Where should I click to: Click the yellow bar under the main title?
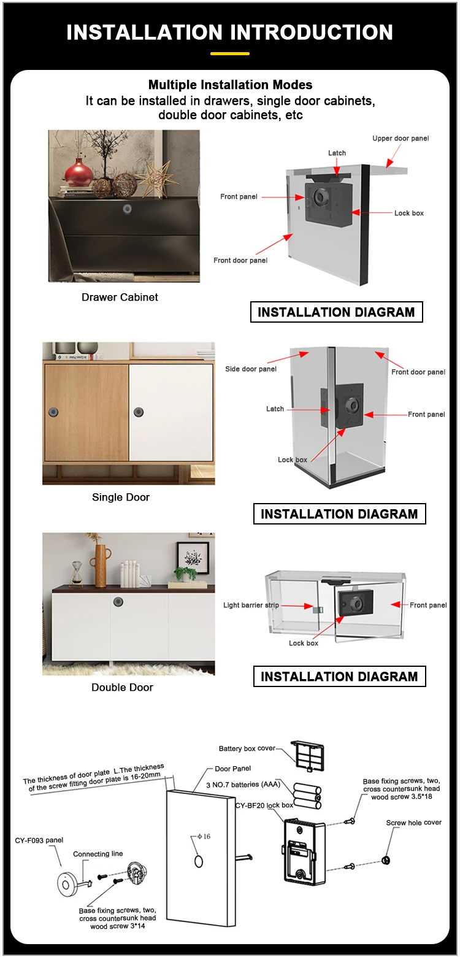pyautogui.click(x=230, y=54)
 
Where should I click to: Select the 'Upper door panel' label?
pyautogui.click(x=401, y=139)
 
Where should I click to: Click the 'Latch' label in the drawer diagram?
pyautogui.click(x=337, y=153)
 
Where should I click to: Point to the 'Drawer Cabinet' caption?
pyautogui.click(x=120, y=298)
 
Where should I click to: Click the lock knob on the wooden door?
pyautogui.click(x=54, y=411)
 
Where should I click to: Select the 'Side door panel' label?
pyautogui.click(x=251, y=369)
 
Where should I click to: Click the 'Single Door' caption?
pyautogui.click(x=121, y=498)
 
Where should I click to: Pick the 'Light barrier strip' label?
pyautogui.click(x=251, y=605)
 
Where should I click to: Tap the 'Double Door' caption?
pyautogui.click(x=122, y=688)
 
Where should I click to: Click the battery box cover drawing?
pyautogui.click(x=307, y=755)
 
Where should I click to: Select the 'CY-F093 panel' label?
pyautogui.click(x=39, y=840)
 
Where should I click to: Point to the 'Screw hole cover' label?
pyautogui.click(x=413, y=823)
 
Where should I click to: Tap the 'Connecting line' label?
pyautogui.click(x=98, y=854)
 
